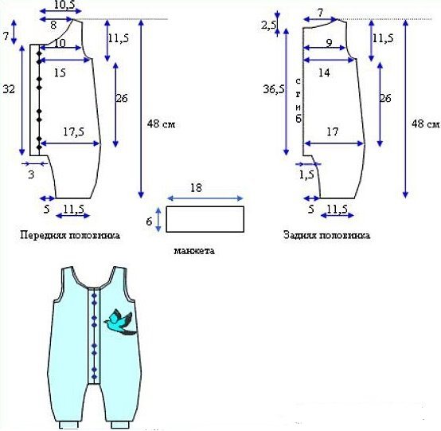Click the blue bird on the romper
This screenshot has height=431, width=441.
pyautogui.click(x=119, y=322)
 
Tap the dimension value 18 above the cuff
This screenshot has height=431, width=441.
pyautogui.click(x=196, y=188)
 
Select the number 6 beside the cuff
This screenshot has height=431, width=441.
pyautogui.click(x=149, y=221)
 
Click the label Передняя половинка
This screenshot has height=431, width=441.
pyautogui.click(x=70, y=235)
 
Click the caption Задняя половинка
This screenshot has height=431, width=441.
pyautogui.click(x=326, y=235)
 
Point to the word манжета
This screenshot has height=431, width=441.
pyautogui.click(x=194, y=250)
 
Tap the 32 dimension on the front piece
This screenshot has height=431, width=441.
pyautogui.click(x=9, y=89)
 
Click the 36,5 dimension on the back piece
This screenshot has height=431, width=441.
pyautogui.click(x=273, y=89)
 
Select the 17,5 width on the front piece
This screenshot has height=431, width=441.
pyautogui.click(x=73, y=131)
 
